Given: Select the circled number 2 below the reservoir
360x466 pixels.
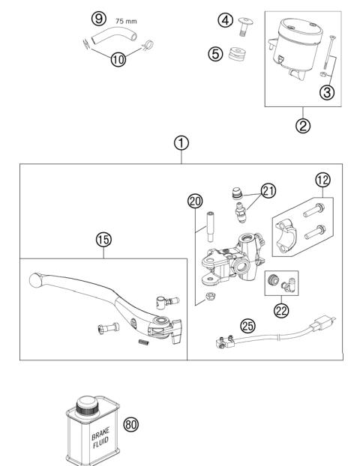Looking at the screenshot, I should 303,125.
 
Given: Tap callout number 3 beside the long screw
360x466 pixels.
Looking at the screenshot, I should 327,92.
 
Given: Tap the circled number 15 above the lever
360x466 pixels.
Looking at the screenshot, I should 103,240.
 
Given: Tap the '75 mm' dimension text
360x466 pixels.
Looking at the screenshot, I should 126,23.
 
